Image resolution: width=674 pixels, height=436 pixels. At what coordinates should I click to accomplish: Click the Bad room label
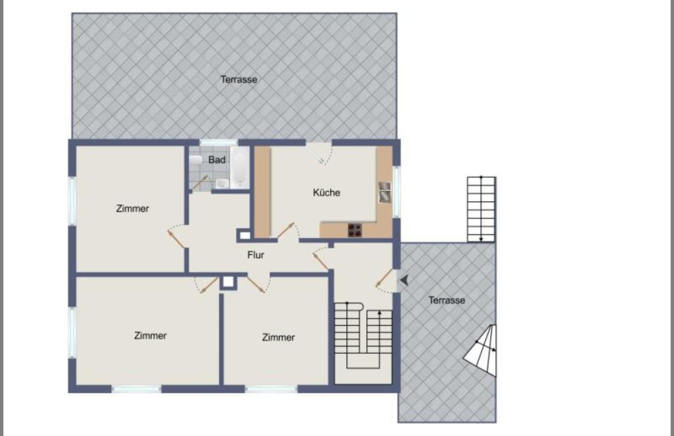tap(217, 160)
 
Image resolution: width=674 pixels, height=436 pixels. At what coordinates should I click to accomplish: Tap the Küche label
tap(326, 192)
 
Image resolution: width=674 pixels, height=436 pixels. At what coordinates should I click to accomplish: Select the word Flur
tap(256, 255)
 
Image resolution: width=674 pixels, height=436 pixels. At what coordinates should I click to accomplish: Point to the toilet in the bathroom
tap(196, 160)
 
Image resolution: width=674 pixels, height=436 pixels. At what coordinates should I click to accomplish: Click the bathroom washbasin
tap(222, 183)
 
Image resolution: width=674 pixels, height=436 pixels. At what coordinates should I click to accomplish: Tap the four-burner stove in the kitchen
tap(355, 230)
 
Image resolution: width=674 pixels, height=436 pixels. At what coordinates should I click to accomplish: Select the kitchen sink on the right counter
tap(385, 192)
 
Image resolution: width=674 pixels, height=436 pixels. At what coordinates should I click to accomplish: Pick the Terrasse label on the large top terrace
tap(239, 80)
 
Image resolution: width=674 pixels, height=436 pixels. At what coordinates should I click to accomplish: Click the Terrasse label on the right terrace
tap(447, 300)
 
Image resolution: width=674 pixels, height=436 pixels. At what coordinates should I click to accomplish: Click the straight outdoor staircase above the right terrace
tap(481, 209)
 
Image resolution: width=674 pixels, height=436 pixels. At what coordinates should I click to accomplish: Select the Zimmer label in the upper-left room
tap(132, 209)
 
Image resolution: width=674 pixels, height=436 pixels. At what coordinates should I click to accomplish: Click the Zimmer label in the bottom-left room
tap(150, 335)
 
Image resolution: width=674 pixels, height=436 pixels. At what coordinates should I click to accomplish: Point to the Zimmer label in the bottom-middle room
tap(278, 337)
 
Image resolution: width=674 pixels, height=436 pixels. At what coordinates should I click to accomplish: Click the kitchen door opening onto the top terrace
tap(319, 153)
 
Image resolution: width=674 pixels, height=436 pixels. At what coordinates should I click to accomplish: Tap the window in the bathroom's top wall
tap(219, 143)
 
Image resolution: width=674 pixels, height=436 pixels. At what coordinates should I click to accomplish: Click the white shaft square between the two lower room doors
tap(229, 282)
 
